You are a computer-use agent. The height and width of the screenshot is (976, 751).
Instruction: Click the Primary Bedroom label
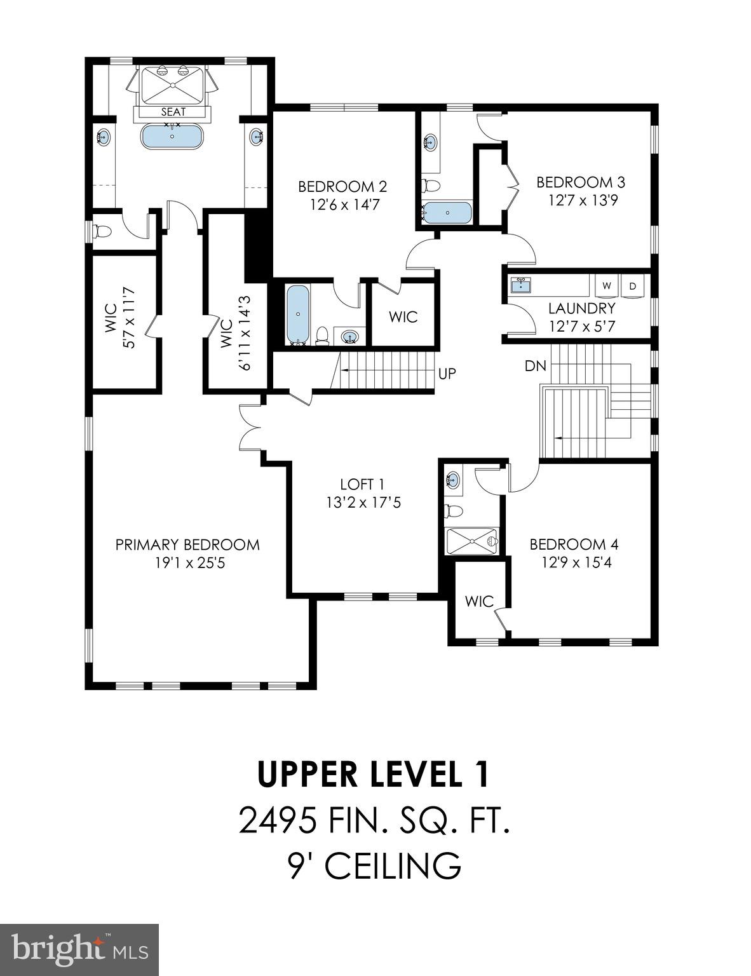(x=187, y=545)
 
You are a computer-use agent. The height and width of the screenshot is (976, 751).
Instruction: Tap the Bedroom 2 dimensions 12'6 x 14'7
(x=344, y=205)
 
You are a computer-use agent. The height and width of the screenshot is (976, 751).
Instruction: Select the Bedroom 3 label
(x=580, y=182)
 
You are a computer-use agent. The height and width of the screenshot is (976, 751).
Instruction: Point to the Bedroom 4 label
(x=574, y=544)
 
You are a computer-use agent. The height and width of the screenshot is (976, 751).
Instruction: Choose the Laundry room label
(x=581, y=308)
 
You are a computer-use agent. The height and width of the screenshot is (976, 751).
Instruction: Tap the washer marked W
(x=607, y=286)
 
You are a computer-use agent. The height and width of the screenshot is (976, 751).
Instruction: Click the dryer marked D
(x=632, y=286)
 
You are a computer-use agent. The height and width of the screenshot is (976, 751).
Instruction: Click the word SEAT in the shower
(x=173, y=112)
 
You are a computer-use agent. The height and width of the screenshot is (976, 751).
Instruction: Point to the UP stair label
(x=447, y=374)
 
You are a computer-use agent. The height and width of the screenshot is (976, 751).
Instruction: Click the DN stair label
(x=534, y=366)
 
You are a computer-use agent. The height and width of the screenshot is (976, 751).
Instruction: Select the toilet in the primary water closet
(x=102, y=231)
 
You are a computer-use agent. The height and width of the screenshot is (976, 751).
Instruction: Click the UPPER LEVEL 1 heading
(x=374, y=775)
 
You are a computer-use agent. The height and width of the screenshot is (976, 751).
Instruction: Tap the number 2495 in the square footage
(x=278, y=820)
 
